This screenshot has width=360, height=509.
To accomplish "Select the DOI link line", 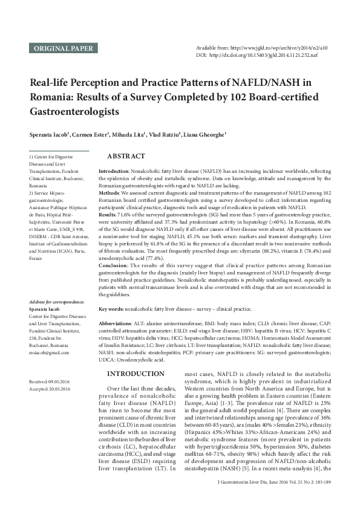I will [265, 55].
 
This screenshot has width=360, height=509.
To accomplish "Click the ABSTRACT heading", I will [125, 156].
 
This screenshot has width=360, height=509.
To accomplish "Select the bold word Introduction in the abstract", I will [113, 172].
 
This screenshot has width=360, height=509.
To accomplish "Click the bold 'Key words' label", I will [112, 309].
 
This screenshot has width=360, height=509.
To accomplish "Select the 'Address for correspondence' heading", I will [59, 301].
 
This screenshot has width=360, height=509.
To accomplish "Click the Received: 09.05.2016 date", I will [50, 382].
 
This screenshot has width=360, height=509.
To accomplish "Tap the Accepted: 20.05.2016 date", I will [50, 389].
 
